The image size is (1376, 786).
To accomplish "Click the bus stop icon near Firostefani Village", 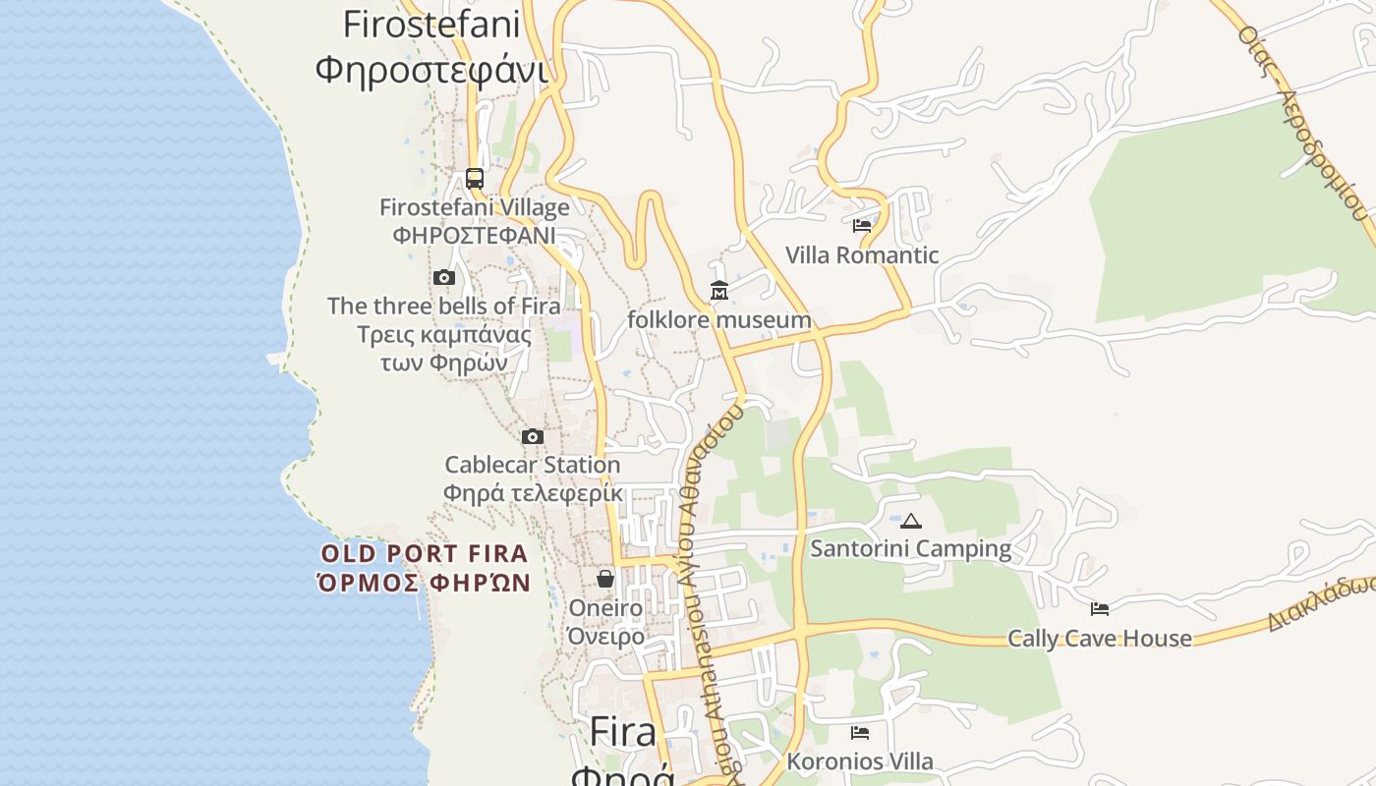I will click(x=475, y=179).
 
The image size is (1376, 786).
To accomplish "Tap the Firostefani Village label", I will click(x=475, y=208).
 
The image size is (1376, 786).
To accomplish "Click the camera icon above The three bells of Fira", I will click(x=444, y=278).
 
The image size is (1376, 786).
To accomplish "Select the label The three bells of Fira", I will click(x=443, y=307).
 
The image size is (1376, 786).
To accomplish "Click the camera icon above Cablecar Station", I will click(x=533, y=436).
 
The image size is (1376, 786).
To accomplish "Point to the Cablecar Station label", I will click(x=533, y=465).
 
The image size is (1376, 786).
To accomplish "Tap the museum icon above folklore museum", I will click(x=719, y=291).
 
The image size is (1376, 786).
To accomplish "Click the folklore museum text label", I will click(x=719, y=320).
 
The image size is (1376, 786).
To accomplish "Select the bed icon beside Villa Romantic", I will click(x=862, y=226).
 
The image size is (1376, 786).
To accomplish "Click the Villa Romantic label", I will click(x=862, y=255).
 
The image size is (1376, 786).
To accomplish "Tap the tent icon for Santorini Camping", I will click(x=911, y=521).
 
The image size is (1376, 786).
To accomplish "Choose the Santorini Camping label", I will click(x=911, y=549).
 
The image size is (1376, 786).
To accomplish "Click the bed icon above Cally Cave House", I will click(x=1100, y=609).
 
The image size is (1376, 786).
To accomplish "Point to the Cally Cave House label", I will click(x=1100, y=639).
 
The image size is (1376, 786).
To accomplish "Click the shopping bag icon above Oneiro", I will click(x=605, y=579).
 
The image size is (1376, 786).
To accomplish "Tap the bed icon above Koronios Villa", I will click(x=860, y=733).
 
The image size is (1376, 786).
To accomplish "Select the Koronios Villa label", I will click(x=860, y=761).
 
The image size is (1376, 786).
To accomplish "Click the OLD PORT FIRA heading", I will click(x=425, y=554).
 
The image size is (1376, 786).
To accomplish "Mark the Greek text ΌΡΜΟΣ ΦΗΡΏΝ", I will click(x=425, y=583).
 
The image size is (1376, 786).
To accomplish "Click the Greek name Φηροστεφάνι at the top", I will click(x=430, y=70).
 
